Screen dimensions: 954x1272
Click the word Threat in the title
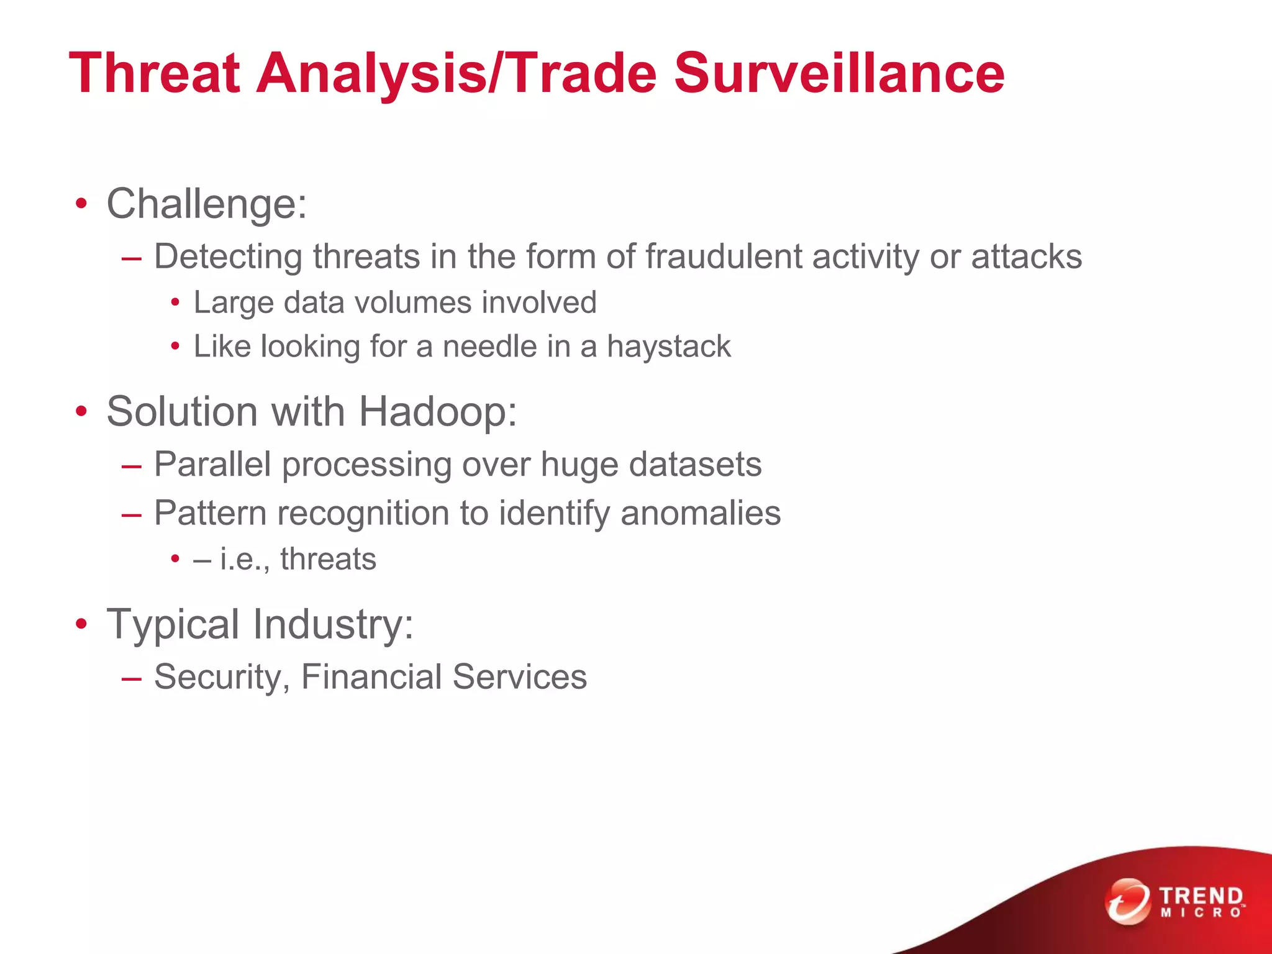coord(155,73)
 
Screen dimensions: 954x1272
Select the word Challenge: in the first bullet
coord(207,204)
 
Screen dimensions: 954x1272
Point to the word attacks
coord(1026,257)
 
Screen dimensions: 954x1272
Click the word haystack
coord(668,347)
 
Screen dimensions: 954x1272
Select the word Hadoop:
coord(438,412)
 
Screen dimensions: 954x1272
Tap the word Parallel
coord(212,465)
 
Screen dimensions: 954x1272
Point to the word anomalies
coord(700,514)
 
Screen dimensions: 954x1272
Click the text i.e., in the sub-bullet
coord(245,559)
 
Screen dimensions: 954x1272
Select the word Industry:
coord(333,624)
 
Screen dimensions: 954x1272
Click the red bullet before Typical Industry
coord(81,625)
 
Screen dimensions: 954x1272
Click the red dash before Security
coord(132,678)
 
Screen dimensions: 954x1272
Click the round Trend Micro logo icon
coord(1127,901)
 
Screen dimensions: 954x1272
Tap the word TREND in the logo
coord(1201,896)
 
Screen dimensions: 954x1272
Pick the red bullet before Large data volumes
coord(176,304)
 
